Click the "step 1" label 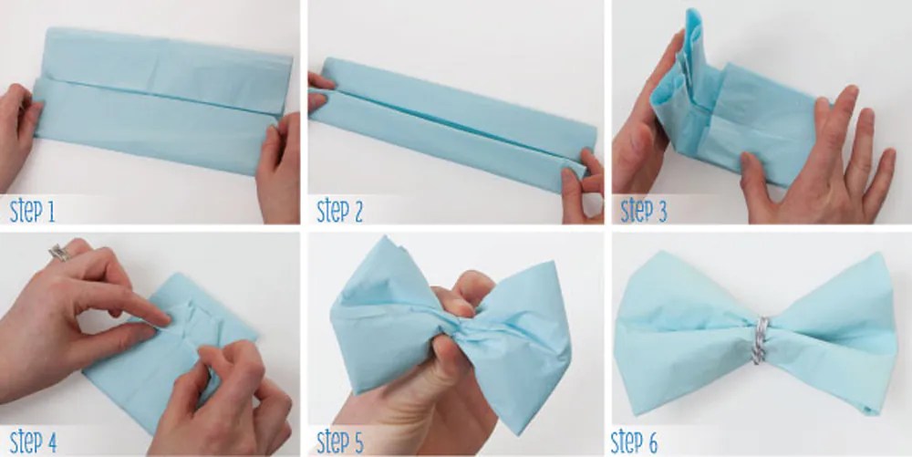(33, 212)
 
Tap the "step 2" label (339, 212)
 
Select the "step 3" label (643, 212)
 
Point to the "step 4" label (33, 441)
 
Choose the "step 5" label (340, 441)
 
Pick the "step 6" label (634, 441)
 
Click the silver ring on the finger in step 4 (58, 253)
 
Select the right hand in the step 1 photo (279, 169)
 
